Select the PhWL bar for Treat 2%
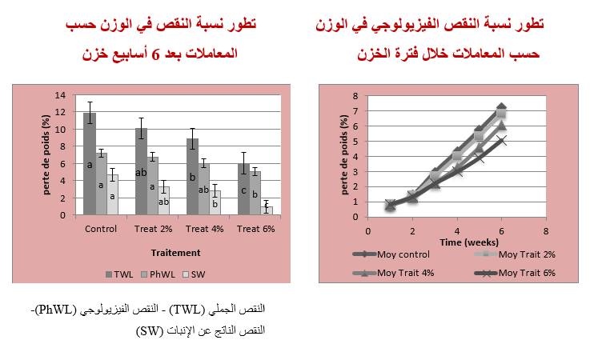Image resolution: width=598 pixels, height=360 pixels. [153, 185]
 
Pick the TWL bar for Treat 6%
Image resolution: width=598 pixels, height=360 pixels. [243, 189]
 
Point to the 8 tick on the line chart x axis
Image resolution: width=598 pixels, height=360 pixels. [546, 230]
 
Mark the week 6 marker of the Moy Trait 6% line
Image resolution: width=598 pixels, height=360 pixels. [502, 141]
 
